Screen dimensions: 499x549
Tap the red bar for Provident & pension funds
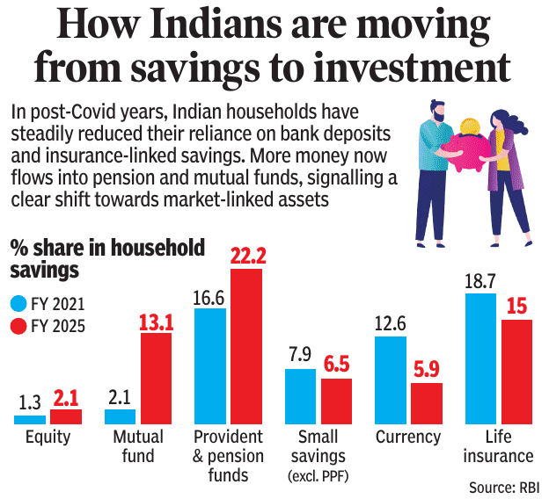coord(247,346)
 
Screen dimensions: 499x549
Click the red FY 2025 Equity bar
coord(66,416)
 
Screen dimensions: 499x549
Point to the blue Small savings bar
coord(300,396)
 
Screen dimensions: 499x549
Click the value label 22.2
coord(246,255)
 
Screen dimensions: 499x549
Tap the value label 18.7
coord(481,279)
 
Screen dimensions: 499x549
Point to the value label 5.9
coord(427,369)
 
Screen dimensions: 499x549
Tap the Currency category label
coord(407,437)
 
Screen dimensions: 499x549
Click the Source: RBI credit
coord(504,488)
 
